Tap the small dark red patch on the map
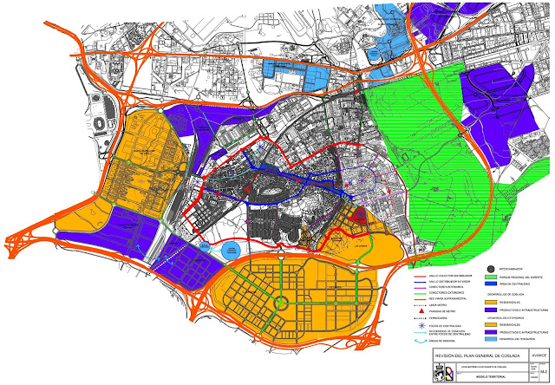[359, 214]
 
